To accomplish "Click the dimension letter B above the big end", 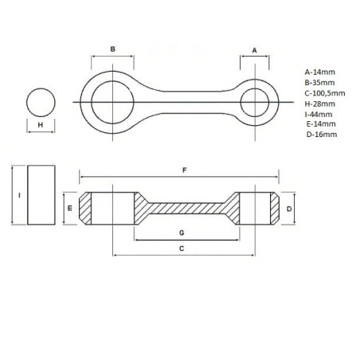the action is click(x=113, y=49).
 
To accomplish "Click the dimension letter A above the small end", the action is click(x=254, y=50).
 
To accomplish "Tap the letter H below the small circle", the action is click(x=41, y=125).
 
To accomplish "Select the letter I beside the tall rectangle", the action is click(x=19, y=195).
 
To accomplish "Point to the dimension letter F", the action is click(x=185, y=170).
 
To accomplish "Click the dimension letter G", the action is click(x=182, y=233).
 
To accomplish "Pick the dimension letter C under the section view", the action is click(x=182, y=248).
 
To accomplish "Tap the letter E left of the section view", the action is click(x=70, y=208).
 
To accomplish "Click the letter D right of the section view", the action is click(x=289, y=209).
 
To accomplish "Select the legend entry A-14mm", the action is click(x=319, y=72).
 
